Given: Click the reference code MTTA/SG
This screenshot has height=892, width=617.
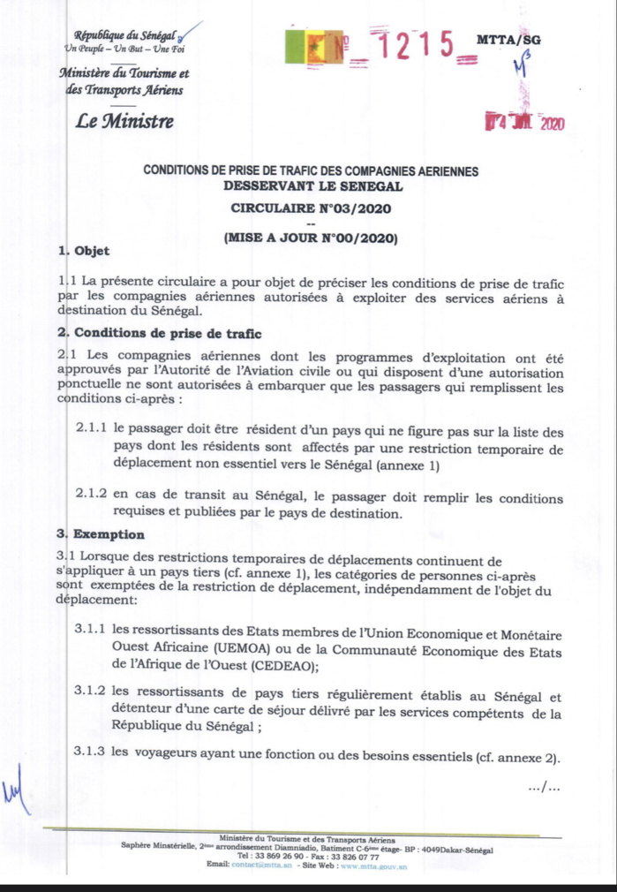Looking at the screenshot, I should coord(508,40).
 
